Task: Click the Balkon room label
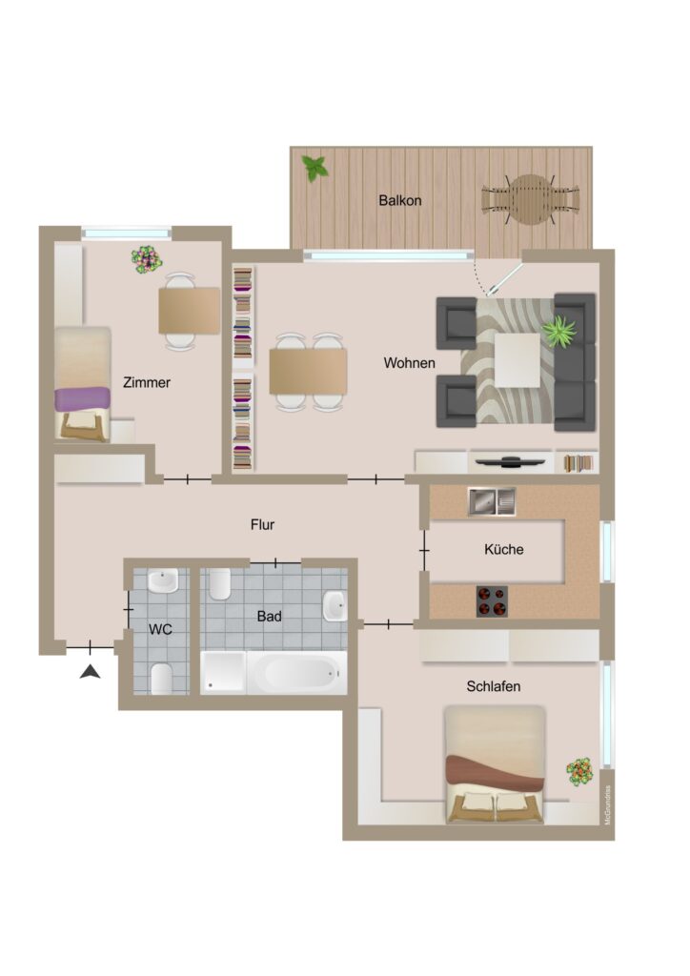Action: point(400,200)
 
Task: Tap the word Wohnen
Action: point(410,363)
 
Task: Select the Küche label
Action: point(503,549)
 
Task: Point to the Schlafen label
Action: point(494,686)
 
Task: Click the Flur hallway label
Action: point(262,525)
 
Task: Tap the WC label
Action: point(160,629)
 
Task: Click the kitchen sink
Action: point(492,501)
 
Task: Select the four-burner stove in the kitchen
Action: point(492,601)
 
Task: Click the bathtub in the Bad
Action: point(296,673)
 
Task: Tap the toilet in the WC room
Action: point(162,679)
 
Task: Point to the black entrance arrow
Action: point(91,672)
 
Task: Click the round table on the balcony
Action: point(530,200)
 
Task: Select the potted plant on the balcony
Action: point(315,168)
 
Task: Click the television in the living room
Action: point(510,462)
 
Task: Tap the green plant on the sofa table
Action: point(558,332)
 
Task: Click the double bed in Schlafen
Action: point(496,764)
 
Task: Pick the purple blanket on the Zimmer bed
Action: point(82,399)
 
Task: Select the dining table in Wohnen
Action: point(308,372)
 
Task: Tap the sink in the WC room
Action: point(163,581)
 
